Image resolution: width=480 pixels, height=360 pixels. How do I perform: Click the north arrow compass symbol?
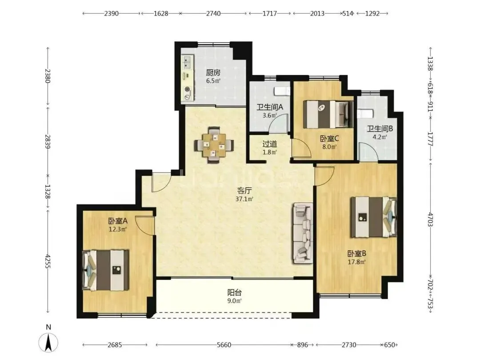tap(48, 342)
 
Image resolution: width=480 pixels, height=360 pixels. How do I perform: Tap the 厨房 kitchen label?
tap(213, 73)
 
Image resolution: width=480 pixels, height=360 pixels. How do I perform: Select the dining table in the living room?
tap(214, 144)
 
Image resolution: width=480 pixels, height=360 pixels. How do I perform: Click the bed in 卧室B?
tap(374, 217)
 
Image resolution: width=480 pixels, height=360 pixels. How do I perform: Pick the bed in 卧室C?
tap(328, 115)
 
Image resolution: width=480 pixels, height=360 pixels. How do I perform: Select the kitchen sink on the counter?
tap(187, 62)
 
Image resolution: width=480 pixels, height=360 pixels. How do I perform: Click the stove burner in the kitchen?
tap(187, 90)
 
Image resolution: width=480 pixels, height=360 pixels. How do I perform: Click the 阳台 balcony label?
tap(235, 292)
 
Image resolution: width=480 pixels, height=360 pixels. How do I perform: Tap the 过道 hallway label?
tap(270, 144)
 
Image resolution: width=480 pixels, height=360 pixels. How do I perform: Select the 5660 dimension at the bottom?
tap(224, 345)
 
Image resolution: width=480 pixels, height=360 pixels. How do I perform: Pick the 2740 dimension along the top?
tap(213, 13)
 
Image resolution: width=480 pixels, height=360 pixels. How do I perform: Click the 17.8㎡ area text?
tap(356, 262)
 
